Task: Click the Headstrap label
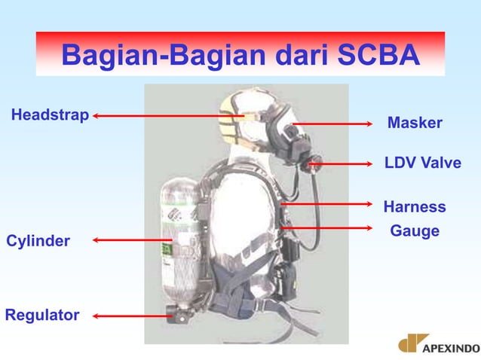(x=50, y=115)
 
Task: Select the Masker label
(x=415, y=123)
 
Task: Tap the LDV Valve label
(x=422, y=163)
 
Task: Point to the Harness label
(x=415, y=206)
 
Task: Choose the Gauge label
(x=415, y=231)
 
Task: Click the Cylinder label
(x=38, y=241)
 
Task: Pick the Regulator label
(x=42, y=315)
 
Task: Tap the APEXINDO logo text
(x=451, y=348)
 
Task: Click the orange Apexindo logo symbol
(x=413, y=343)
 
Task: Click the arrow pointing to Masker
(x=332, y=123)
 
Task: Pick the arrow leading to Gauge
(x=328, y=227)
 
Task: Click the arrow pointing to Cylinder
(x=132, y=240)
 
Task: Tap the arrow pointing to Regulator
(x=132, y=316)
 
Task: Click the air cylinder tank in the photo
(x=178, y=241)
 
